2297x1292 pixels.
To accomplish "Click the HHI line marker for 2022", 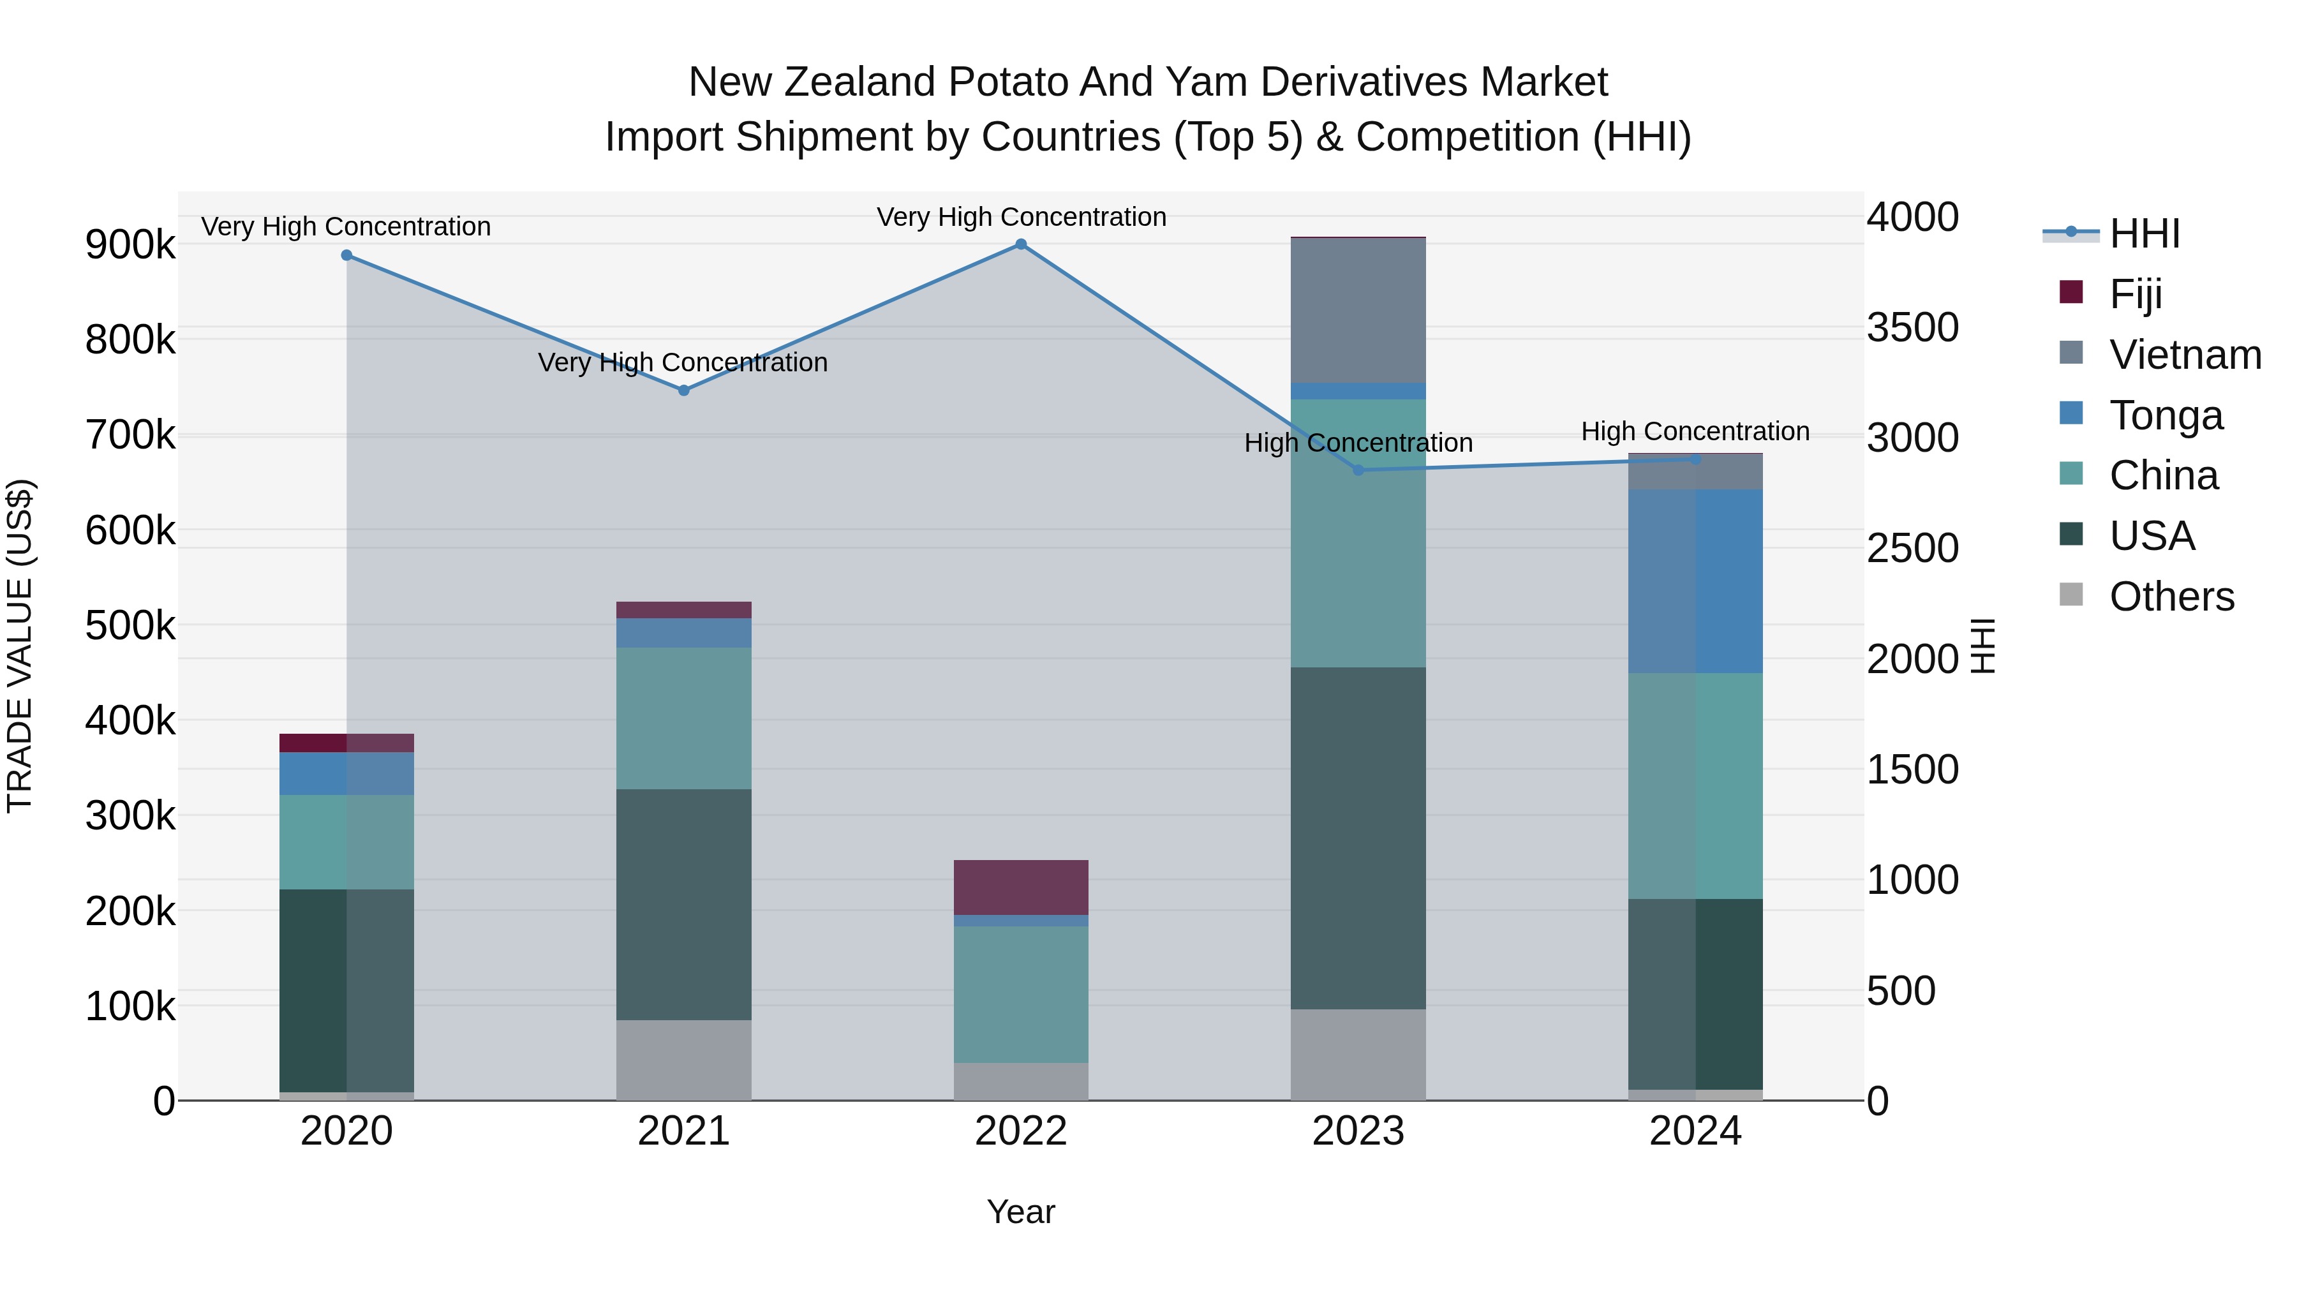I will tap(1021, 244).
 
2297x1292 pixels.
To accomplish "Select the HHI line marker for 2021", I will tap(684, 390).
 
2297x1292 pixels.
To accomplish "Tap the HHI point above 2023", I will tap(1358, 470).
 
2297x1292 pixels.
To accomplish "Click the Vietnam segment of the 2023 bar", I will tap(1358, 310).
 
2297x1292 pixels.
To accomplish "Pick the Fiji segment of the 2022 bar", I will tap(1021, 887).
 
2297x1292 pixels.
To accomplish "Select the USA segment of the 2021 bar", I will tap(684, 904).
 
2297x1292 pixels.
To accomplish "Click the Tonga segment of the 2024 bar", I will tap(1695, 581).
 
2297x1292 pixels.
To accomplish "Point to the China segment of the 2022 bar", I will tap(1021, 994).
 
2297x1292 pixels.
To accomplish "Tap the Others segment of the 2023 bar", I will tap(1358, 1055).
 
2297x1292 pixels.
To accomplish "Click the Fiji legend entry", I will tap(2136, 293).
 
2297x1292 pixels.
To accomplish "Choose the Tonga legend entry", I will tap(2166, 415).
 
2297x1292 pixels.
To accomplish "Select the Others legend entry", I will tap(2171, 597).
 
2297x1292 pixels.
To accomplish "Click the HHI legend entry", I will tap(2145, 234).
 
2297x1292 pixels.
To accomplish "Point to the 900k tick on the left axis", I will tap(130, 244).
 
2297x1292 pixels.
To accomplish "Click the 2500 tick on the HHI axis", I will tap(1913, 548).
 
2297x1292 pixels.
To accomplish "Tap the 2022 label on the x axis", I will tap(1021, 1131).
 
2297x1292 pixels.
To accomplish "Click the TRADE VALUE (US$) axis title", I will tap(20, 646).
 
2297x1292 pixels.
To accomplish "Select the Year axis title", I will tap(1021, 1212).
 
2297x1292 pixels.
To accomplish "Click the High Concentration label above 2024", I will tap(1695, 431).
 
